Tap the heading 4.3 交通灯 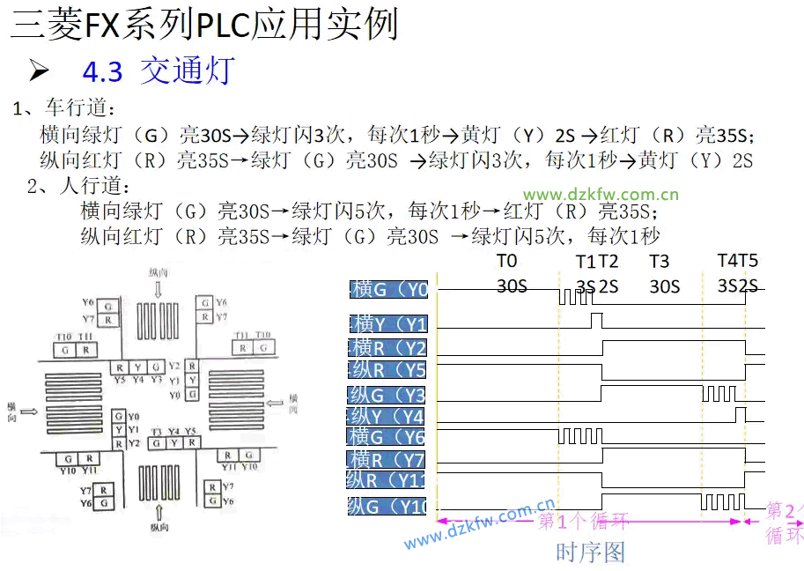(158, 71)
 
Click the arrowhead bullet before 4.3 (39, 70)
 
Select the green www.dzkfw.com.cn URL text (601, 195)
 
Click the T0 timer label (506, 261)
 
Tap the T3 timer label (659, 261)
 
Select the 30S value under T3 (664, 286)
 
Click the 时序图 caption (590, 552)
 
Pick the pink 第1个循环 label (583, 521)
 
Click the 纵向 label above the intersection (159, 274)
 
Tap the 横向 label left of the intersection (12, 412)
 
